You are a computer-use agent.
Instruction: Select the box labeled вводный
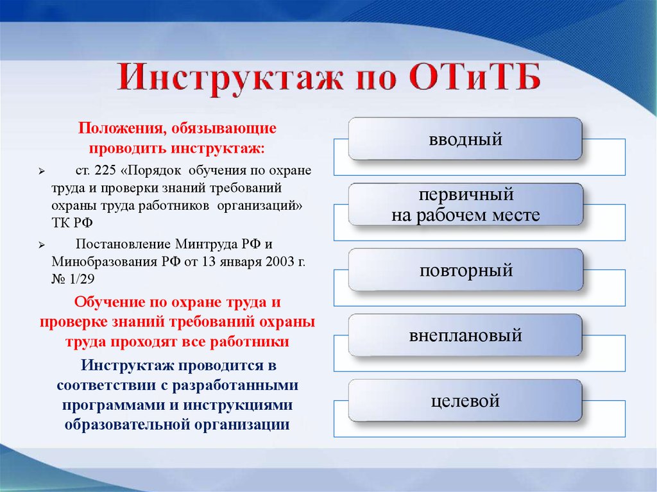click(x=465, y=139)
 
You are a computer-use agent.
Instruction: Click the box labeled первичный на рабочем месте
click(x=465, y=205)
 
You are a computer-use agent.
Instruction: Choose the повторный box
click(x=465, y=270)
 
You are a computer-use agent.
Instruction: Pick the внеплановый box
click(x=465, y=335)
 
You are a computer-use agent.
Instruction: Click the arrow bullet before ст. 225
click(x=41, y=173)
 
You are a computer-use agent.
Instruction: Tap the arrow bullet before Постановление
click(x=41, y=246)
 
